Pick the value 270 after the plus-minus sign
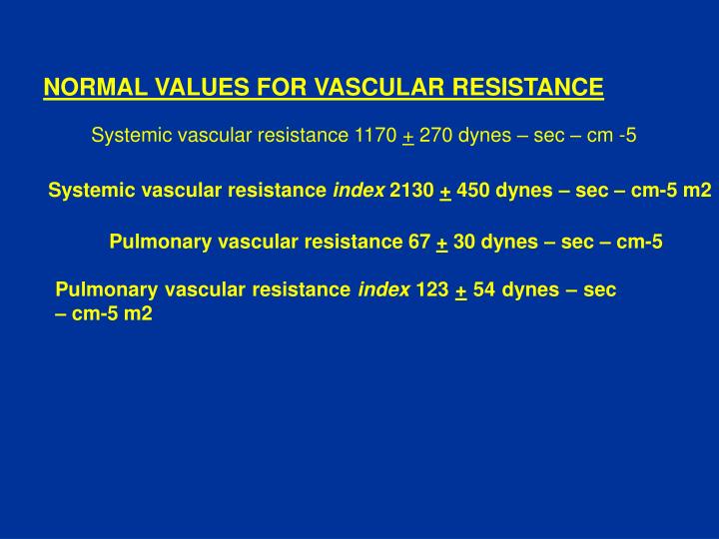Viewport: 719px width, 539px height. click(436, 136)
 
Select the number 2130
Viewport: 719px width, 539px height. click(411, 191)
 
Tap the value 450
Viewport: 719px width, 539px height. click(473, 191)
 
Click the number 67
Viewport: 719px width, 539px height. click(420, 242)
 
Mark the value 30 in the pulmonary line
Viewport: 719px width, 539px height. click(463, 242)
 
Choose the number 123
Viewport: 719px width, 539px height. click(432, 290)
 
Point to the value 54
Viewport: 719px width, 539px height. click(484, 290)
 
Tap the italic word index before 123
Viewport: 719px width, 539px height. click(383, 290)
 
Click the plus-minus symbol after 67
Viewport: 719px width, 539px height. click(441, 243)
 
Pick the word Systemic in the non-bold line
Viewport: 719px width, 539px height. click(124, 136)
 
